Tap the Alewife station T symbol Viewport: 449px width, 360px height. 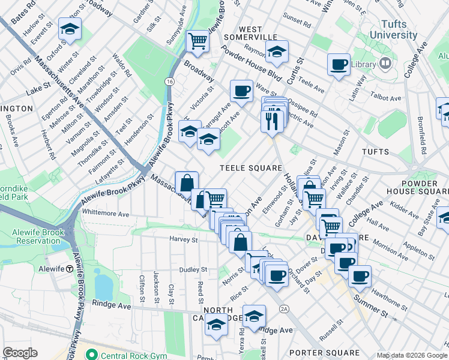point(70,269)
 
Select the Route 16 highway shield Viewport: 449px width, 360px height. point(170,81)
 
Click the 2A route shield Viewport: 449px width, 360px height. point(284,308)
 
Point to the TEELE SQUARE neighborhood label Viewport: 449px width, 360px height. point(250,168)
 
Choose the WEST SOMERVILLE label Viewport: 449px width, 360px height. point(243,33)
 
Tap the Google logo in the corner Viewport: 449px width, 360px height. point(20,352)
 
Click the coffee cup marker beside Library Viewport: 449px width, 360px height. point(339,64)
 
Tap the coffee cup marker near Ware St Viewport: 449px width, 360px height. point(241,91)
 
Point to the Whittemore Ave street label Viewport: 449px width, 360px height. point(106,214)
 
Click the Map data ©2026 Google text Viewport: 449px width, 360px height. point(411,355)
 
